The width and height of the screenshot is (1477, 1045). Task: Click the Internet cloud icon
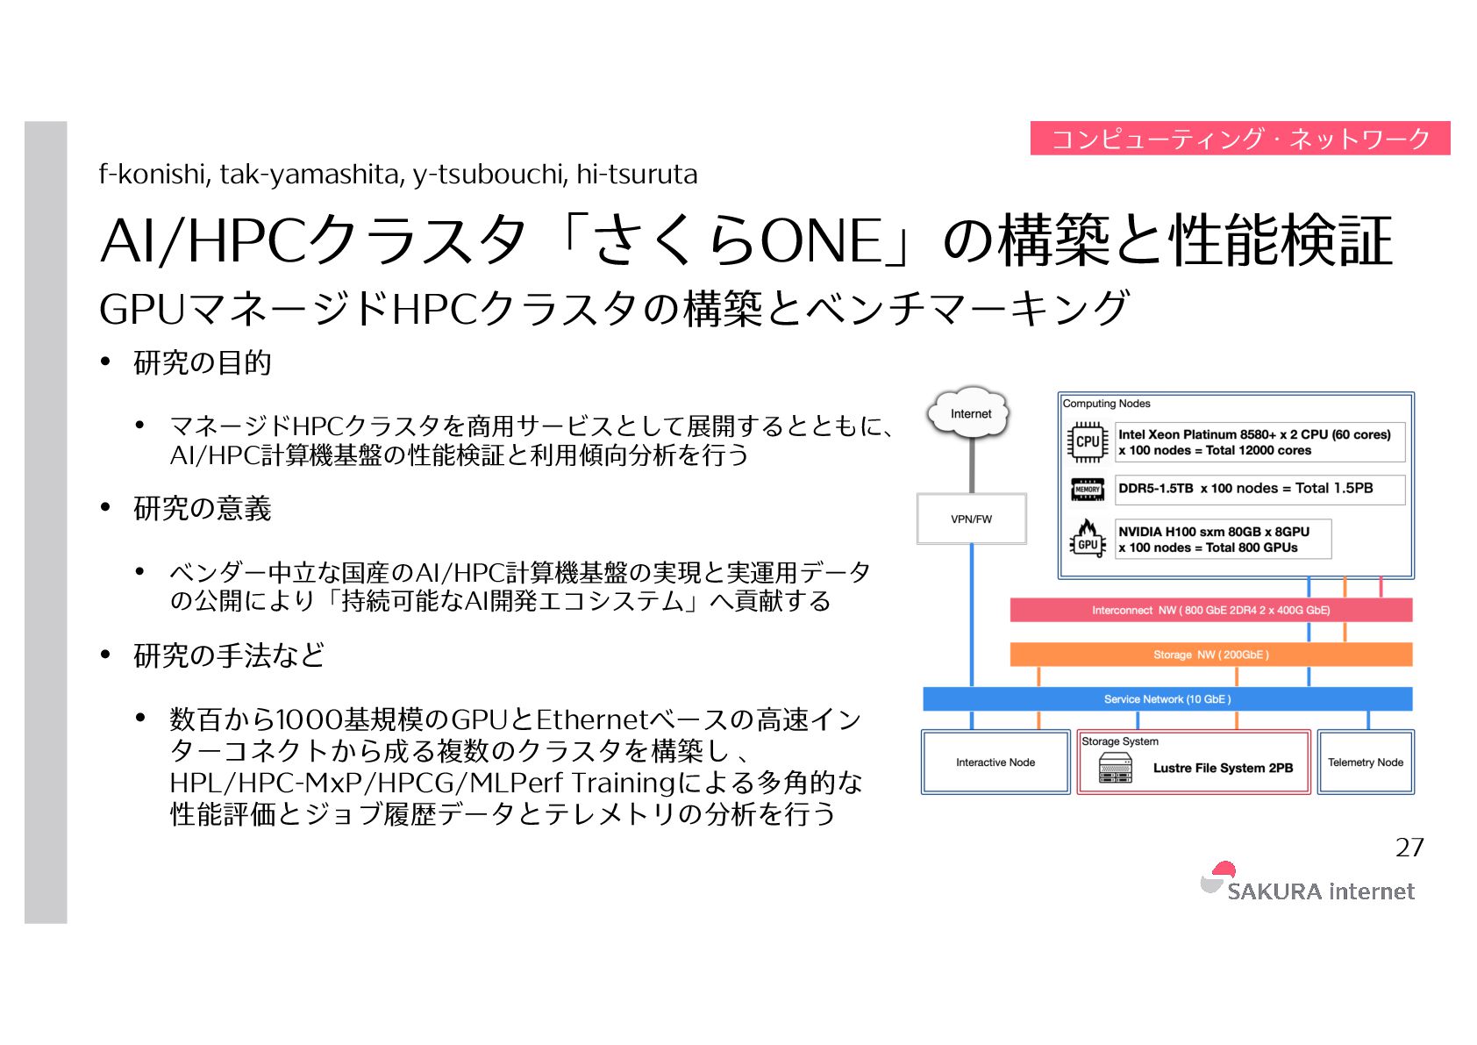(970, 412)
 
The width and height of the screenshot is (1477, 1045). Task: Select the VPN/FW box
(971, 519)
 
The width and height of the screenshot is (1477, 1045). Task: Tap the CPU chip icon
(1088, 441)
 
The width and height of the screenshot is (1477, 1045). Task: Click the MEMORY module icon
(1088, 489)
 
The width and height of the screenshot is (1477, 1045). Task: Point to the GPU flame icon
(1088, 537)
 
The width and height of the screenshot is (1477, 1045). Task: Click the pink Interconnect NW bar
(1210, 610)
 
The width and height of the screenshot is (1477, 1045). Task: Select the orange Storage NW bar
(1210, 655)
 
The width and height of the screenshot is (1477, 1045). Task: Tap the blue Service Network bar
(1167, 699)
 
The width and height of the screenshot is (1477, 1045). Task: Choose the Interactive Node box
(995, 762)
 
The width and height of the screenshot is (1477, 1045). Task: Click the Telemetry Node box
(1365, 762)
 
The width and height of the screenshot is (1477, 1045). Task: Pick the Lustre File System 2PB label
(1223, 768)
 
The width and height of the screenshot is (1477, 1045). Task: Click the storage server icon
(1115, 768)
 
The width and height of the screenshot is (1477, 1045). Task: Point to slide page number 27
(1409, 847)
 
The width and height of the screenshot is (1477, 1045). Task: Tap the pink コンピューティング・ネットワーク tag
(1239, 139)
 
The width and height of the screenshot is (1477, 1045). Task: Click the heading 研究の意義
(203, 508)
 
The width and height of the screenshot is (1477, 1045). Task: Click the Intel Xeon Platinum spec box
(1259, 442)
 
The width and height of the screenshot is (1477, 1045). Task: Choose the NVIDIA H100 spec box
(1223, 539)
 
